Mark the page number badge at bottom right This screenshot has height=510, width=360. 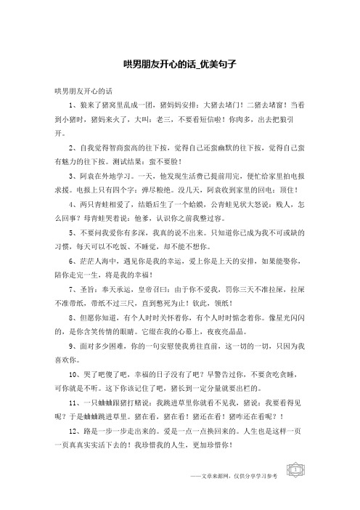296,490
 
